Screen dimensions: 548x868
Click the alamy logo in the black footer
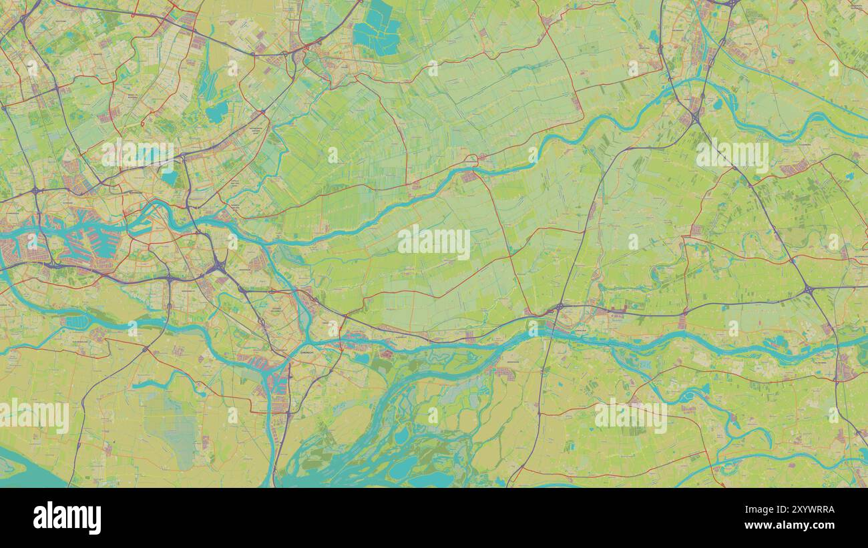67,518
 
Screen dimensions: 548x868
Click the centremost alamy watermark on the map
434,242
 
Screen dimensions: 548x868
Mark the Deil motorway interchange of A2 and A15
808,289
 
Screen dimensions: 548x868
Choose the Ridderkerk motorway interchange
218,267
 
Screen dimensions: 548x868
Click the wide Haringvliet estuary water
20,467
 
